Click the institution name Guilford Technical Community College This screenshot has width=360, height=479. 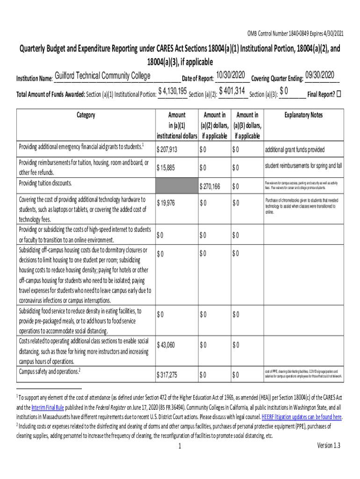(102, 76)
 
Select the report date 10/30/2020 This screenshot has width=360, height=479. (230, 75)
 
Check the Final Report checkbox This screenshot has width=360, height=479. (339, 94)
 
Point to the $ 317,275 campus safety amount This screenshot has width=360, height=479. (170, 375)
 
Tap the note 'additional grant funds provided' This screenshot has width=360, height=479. (295, 150)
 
